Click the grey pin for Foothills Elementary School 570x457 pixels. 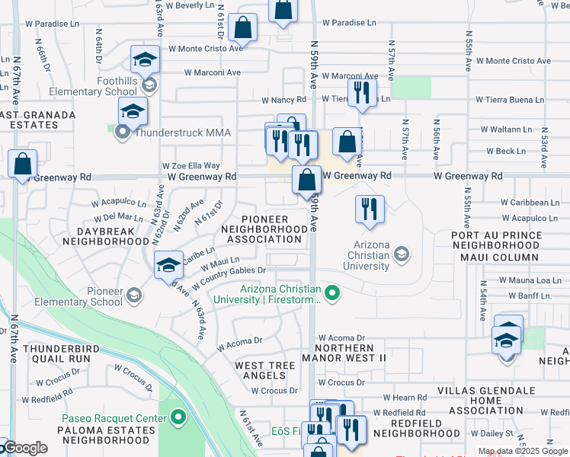(x=149, y=85)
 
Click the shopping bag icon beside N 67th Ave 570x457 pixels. (x=23, y=163)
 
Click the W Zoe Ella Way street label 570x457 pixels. (x=191, y=165)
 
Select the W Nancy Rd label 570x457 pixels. (x=283, y=100)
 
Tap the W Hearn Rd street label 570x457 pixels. (x=404, y=398)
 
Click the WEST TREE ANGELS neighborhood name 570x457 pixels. (x=264, y=371)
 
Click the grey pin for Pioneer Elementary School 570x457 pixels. (x=133, y=295)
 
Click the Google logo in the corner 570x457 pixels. (x=24, y=448)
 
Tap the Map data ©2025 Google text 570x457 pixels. (x=522, y=451)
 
